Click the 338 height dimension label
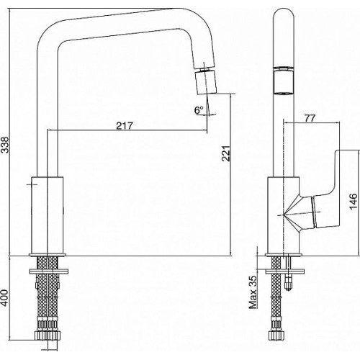[5, 145]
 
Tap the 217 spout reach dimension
[125, 126]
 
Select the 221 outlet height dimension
[226, 153]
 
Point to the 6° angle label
[199, 110]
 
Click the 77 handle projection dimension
[310, 118]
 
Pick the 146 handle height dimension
[354, 202]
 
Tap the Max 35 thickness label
[253, 292]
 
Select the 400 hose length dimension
[5, 298]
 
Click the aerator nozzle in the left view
[205, 82]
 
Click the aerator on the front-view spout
[284, 81]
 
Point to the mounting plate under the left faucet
[48, 271]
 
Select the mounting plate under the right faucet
[284, 271]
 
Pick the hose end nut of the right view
[276, 336]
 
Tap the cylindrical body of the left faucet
[48, 215]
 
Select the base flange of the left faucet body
[48, 255]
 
